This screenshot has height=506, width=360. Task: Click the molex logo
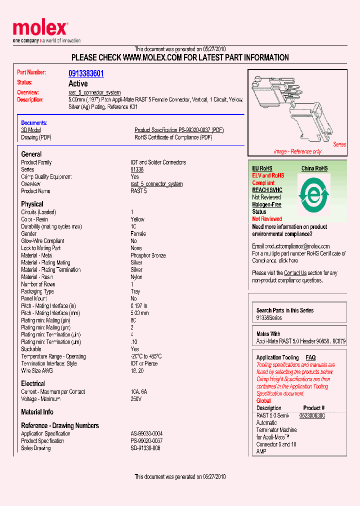tap(40, 29)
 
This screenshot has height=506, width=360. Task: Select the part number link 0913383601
tap(86, 73)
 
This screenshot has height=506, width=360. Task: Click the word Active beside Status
tap(78, 83)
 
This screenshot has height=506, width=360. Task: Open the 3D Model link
tap(31, 130)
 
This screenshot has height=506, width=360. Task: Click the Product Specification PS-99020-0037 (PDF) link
tap(179, 130)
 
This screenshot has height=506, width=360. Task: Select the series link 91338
tap(137, 169)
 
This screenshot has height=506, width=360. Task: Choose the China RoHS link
tap(314, 168)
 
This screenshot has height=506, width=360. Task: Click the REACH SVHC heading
tap(267, 190)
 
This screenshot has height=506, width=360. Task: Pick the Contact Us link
tap(295, 273)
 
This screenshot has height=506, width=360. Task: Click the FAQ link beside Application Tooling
tap(310, 357)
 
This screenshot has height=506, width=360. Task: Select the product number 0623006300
tap(312, 415)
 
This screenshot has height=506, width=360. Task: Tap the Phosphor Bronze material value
tap(147, 255)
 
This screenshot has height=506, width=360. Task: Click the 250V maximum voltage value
tap(136, 399)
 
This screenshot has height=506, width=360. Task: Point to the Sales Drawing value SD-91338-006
tap(145, 448)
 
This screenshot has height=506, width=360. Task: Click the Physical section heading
tap(32, 204)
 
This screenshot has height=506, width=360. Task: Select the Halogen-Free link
tap(266, 204)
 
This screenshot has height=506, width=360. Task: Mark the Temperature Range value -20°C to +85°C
tap(146, 356)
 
